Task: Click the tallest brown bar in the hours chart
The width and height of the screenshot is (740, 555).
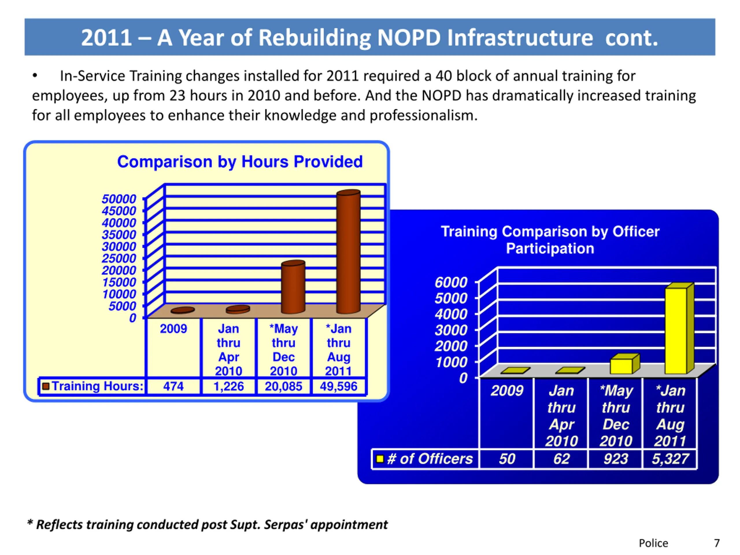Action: (348, 253)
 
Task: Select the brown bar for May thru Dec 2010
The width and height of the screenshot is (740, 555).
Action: (293, 288)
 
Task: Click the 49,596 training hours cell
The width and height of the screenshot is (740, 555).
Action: (338, 386)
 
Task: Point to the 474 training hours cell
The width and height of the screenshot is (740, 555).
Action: (173, 386)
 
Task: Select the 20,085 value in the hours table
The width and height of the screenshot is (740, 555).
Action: (283, 386)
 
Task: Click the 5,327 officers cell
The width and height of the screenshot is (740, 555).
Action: (670, 459)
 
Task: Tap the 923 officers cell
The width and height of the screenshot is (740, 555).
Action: (615, 459)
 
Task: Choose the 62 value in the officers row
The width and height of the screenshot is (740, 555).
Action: (561, 459)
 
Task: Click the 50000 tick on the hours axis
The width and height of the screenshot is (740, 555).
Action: (119, 199)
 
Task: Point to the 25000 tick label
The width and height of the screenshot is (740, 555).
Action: (119, 258)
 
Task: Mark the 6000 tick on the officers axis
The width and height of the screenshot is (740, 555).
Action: (451, 282)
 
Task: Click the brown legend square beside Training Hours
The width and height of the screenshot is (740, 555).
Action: (46, 386)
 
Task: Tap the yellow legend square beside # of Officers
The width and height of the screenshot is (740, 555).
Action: (380, 458)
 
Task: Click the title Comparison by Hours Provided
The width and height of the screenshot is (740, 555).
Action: (240, 162)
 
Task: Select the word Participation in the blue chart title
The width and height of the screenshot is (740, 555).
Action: (550, 249)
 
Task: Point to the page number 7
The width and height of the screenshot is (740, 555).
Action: (717, 543)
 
